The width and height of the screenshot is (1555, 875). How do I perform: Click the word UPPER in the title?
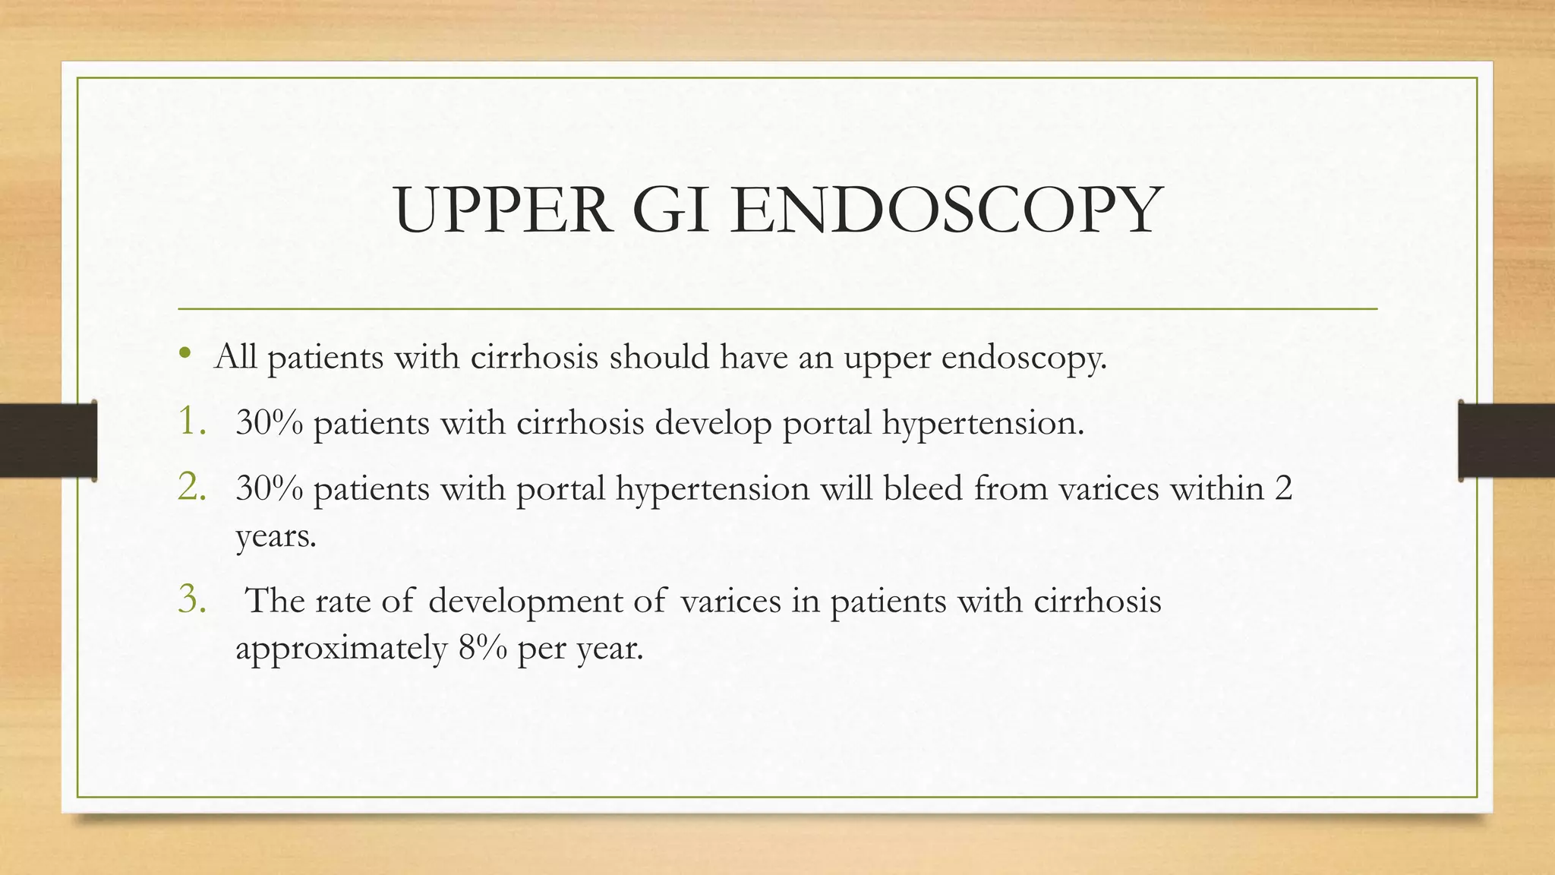(x=503, y=210)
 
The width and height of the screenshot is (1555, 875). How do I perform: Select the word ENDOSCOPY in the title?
(x=946, y=210)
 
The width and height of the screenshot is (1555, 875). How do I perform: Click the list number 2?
(x=191, y=487)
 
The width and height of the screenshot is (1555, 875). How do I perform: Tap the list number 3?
(x=191, y=599)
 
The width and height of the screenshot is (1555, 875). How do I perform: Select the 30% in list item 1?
(x=270, y=422)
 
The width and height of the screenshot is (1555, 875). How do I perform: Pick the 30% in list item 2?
(x=270, y=488)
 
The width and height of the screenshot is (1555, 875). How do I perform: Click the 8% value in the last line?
(x=483, y=648)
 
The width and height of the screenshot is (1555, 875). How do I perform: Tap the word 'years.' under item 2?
(x=276, y=537)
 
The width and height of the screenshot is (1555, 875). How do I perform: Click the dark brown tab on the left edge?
(x=48, y=441)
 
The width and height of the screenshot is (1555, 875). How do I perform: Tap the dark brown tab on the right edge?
(x=1506, y=441)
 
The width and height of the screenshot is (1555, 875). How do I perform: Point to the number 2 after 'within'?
(x=1283, y=488)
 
